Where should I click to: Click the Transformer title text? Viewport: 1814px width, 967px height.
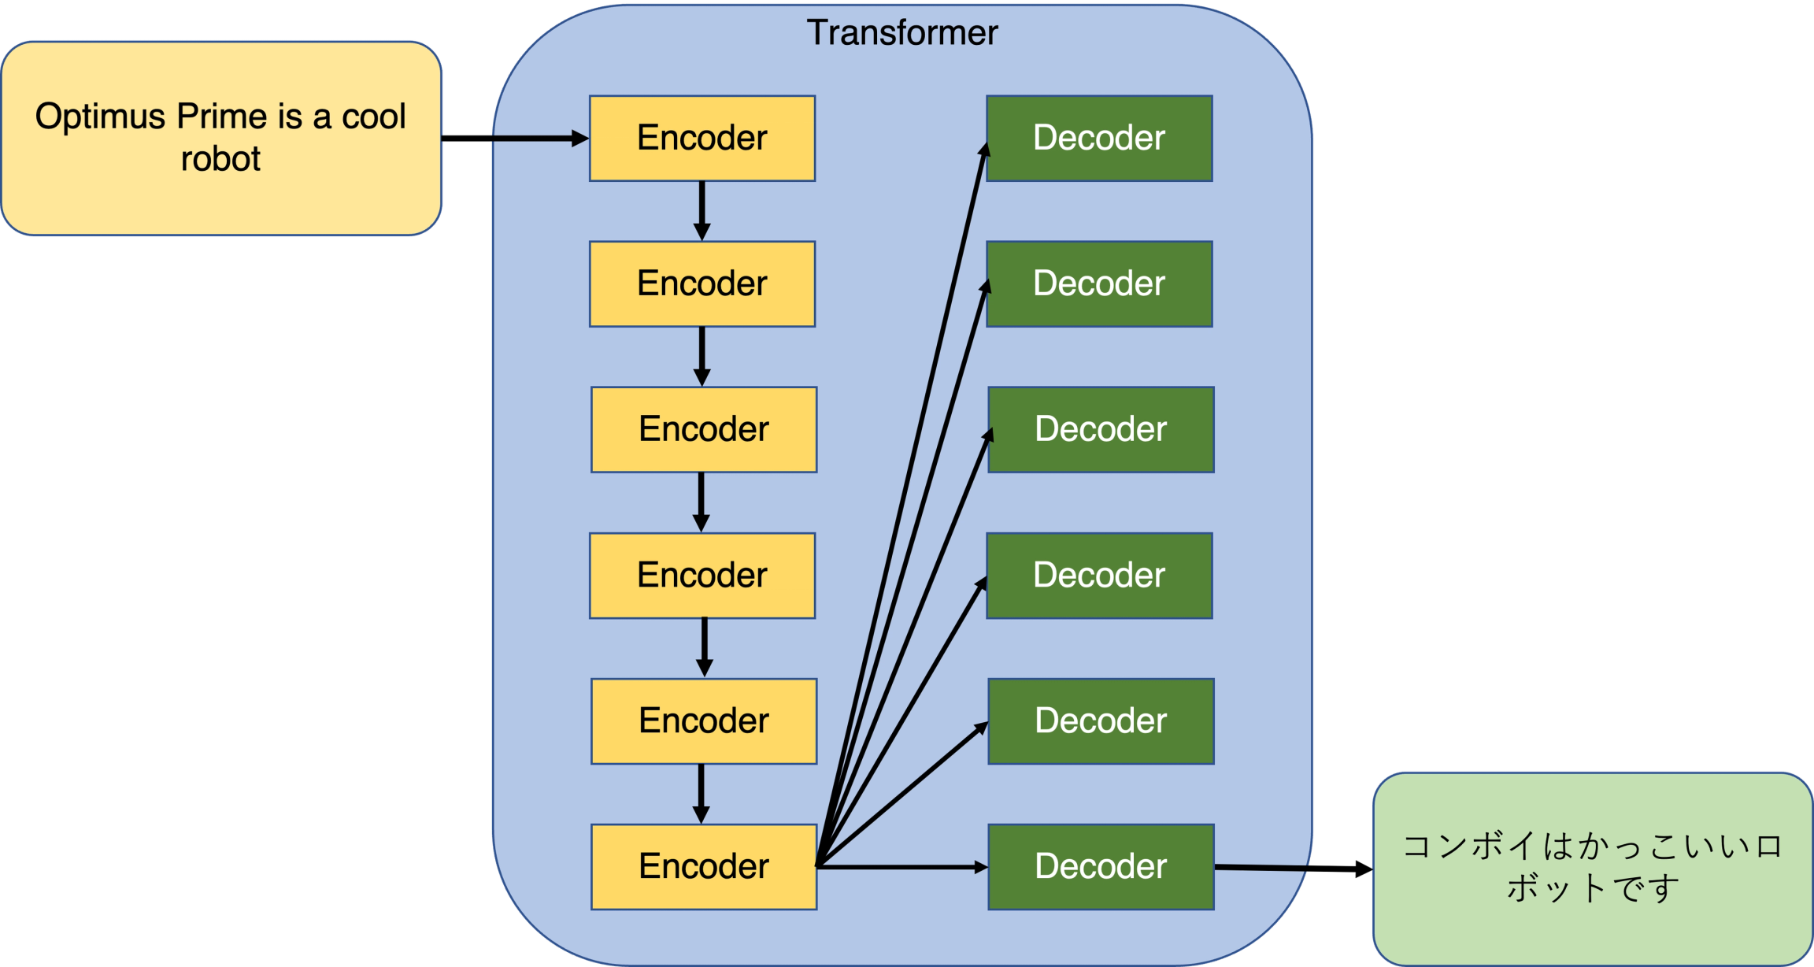pos(902,33)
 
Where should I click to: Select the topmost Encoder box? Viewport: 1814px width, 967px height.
pos(702,139)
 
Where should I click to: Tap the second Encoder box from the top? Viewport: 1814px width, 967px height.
pos(702,284)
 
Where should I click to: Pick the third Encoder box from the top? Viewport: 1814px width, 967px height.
pos(704,430)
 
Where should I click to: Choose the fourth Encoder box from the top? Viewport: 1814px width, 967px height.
pos(702,576)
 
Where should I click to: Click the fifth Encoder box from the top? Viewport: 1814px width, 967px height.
pos(704,721)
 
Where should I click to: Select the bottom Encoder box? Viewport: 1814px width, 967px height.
pos(704,867)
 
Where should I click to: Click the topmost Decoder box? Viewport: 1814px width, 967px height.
pos(1099,139)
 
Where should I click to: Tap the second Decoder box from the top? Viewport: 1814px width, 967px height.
pos(1099,284)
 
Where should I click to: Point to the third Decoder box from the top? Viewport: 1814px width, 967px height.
pos(1101,430)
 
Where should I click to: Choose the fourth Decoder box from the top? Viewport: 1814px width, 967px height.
pos(1099,576)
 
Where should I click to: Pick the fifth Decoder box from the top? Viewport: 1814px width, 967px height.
pos(1101,721)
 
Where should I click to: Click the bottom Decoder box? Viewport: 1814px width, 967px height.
pos(1101,867)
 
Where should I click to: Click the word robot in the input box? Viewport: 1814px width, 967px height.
pos(220,160)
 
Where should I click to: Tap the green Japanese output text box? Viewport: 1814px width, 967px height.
pos(1592,868)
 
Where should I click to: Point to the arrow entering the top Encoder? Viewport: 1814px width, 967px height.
pos(535,139)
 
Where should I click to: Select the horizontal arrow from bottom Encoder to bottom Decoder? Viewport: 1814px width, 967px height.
pos(901,867)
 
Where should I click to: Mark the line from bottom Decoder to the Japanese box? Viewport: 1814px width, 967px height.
pos(1261,868)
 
